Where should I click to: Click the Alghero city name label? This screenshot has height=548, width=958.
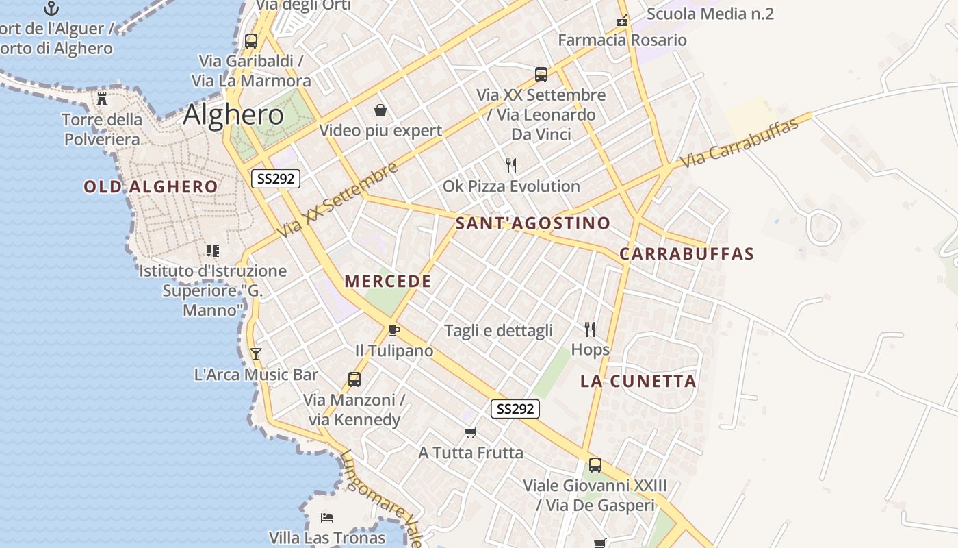[233, 114]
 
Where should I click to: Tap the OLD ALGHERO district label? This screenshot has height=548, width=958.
[151, 186]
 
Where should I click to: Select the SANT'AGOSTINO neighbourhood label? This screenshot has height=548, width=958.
[532, 223]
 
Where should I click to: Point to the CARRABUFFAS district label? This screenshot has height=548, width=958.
[686, 253]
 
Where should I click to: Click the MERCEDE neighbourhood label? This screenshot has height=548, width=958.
[388, 281]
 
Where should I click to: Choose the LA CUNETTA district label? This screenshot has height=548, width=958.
[638, 382]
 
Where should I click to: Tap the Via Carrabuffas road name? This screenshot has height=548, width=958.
[740, 143]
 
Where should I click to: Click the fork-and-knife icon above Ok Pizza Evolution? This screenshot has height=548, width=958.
[510, 165]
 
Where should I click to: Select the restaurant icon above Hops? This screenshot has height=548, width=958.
[590, 329]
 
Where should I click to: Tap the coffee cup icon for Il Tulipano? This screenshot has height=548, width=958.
[393, 330]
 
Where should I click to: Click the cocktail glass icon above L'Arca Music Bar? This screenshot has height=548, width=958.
[256, 353]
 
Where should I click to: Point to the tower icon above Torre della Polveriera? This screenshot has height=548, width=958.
[102, 99]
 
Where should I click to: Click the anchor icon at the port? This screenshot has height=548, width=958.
[51, 8]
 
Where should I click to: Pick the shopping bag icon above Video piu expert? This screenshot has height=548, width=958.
[380, 110]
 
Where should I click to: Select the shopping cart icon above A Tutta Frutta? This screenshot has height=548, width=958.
[470, 432]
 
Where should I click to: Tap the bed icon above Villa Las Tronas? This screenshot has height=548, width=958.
[327, 517]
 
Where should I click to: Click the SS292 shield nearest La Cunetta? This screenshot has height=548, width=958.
[515, 409]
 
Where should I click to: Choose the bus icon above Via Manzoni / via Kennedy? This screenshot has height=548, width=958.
[354, 379]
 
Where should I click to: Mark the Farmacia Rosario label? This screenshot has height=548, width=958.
[622, 40]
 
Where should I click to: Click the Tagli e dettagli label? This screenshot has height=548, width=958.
[498, 331]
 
